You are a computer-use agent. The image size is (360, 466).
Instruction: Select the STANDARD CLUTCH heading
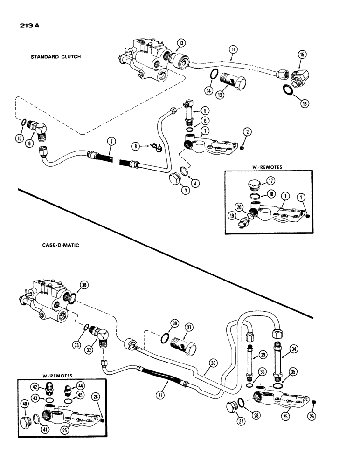pyautogui.click(x=55, y=57)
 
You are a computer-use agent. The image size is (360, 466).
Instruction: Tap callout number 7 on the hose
pyautogui.click(x=110, y=141)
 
